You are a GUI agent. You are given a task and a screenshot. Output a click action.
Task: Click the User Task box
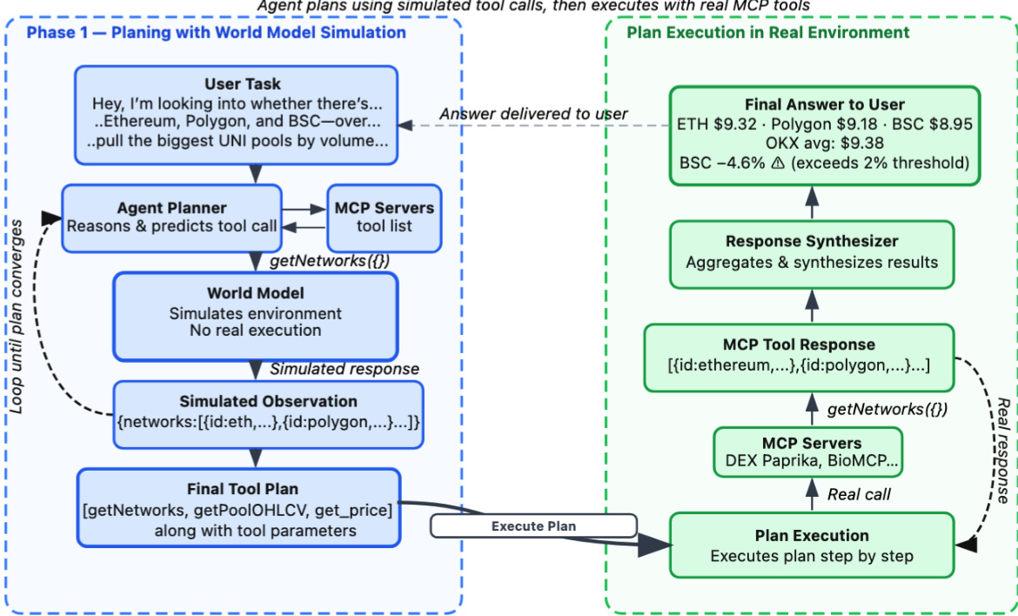[237, 115]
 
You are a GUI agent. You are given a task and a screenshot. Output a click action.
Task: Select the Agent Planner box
[171, 218]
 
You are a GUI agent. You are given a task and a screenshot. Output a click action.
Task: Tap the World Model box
[255, 316]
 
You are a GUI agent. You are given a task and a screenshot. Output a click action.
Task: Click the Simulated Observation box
[268, 415]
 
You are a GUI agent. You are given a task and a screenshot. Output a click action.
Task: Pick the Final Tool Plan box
[239, 507]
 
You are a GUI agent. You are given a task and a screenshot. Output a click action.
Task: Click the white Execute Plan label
[533, 526]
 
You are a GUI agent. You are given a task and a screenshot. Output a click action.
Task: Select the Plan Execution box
[812, 546]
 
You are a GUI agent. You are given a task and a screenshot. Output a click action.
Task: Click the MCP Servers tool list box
[385, 218]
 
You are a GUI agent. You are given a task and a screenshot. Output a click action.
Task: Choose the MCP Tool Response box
[799, 358]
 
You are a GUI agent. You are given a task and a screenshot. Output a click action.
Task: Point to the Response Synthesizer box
[812, 254]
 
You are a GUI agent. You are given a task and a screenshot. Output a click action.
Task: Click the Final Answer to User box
[825, 136]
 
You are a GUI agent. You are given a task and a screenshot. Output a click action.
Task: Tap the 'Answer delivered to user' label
[533, 114]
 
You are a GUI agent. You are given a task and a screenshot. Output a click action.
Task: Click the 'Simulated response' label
[344, 369]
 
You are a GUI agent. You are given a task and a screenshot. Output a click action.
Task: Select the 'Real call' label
[858, 494]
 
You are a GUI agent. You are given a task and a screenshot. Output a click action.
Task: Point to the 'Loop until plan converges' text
[17, 317]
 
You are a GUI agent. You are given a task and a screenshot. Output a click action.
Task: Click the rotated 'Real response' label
[1002, 451]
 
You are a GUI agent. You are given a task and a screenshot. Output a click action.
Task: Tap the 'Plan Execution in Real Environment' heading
[767, 32]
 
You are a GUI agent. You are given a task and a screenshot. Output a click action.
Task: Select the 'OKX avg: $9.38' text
[825, 143]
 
